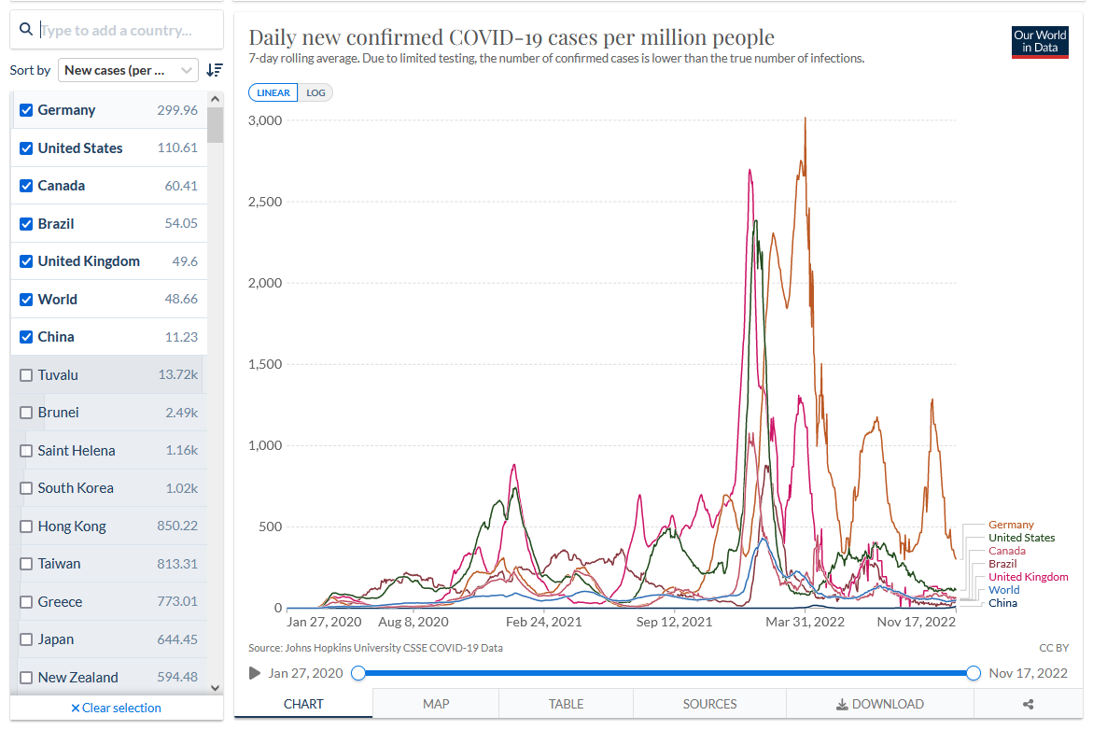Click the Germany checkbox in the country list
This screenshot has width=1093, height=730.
(x=26, y=110)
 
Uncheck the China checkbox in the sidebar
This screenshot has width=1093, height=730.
(x=26, y=337)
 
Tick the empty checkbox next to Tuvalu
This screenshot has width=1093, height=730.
(x=26, y=375)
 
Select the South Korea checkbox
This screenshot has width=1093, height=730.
(x=26, y=488)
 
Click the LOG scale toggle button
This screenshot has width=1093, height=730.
(x=315, y=92)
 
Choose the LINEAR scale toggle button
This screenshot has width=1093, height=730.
(x=273, y=92)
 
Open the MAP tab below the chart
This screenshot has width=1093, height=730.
(x=436, y=704)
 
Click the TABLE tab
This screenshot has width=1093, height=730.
(x=566, y=704)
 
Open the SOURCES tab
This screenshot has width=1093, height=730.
(x=709, y=704)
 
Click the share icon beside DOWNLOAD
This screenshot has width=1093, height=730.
(x=1029, y=705)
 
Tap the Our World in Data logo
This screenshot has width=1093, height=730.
(x=1040, y=42)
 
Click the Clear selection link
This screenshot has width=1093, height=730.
(x=117, y=708)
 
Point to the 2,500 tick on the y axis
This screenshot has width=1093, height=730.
(x=265, y=202)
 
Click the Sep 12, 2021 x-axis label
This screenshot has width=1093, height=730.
(x=674, y=622)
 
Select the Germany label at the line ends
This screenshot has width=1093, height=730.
(x=1011, y=525)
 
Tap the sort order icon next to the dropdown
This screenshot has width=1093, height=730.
(x=215, y=70)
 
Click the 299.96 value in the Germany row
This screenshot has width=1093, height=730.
(x=177, y=110)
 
